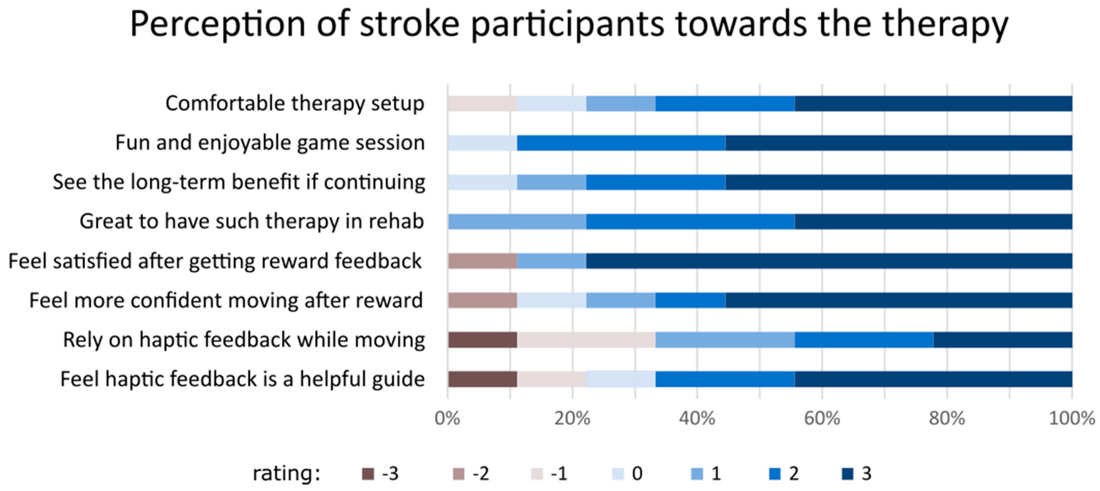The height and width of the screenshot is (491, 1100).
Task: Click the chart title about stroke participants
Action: pos(569,25)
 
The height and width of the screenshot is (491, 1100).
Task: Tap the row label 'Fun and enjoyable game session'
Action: pos(270,143)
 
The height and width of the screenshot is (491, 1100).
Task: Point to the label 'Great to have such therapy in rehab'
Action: pos(252,221)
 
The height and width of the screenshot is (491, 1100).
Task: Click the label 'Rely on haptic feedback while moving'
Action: pos(244,340)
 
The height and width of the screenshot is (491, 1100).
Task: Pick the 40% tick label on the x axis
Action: pos(697,418)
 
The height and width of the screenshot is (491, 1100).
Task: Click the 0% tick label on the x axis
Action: pos(447,418)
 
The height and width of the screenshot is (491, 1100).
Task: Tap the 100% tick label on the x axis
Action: pos(1072,418)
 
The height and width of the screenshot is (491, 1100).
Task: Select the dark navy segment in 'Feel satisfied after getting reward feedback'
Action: pos(829,261)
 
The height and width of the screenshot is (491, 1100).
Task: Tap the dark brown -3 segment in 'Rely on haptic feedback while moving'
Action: pos(483,340)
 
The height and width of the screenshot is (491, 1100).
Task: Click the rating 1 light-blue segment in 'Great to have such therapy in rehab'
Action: pos(517,222)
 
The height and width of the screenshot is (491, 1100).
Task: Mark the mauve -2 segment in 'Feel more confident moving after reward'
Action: pos(483,300)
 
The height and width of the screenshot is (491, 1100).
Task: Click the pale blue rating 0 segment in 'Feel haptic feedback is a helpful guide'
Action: pos(621,379)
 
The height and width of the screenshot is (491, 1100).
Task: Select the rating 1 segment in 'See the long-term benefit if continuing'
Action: pos(552,182)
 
